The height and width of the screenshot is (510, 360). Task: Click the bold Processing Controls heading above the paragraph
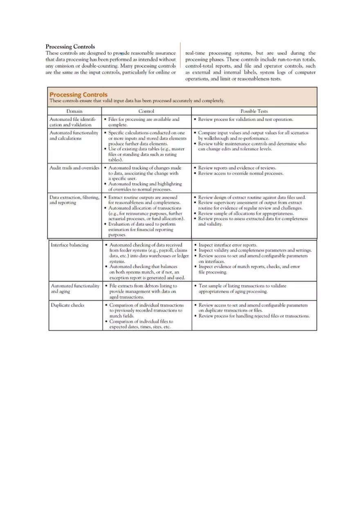[x=70, y=47]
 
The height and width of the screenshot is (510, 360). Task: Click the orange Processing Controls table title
[x=78, y=94]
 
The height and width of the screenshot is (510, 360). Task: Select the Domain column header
[x=74, y=111]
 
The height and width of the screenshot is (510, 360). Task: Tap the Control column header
[x=146, y=111]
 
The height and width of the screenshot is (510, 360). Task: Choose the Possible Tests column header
[x=254, y=111]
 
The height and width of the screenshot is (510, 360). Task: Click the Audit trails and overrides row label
[x=74, y=168]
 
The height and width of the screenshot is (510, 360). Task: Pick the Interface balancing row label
[x=69, y=245]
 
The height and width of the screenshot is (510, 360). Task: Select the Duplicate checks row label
[x=67, y=305]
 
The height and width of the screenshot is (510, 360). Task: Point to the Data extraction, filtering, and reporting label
[x=74, y=200]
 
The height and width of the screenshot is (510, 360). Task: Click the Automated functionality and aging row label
[x=75, y=289]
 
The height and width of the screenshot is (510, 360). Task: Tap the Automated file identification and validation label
[x=73, y=122]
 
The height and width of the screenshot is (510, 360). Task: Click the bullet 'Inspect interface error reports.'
[x=227, y=245]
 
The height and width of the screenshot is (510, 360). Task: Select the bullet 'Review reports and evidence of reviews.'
[x=237, y=168]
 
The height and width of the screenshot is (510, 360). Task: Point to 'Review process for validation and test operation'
[x=245, y=119]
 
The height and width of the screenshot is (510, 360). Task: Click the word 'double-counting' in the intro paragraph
[x=99, y=66]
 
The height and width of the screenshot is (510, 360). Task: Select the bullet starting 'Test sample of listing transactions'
[x=242, y=289]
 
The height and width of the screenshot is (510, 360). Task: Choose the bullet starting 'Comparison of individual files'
[x=141, y=324]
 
